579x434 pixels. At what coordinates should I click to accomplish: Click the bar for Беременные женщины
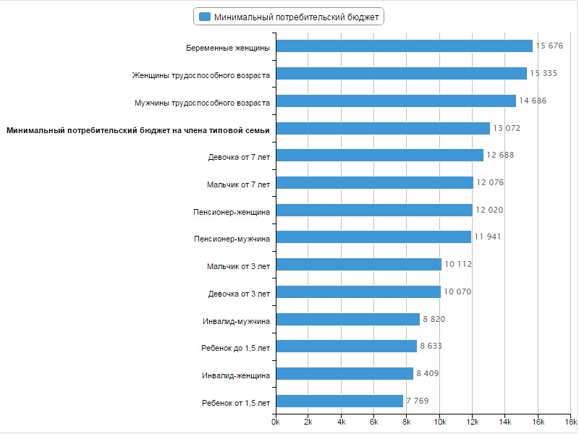click(405, 46)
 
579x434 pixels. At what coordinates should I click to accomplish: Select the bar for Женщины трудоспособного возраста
click(402, 74)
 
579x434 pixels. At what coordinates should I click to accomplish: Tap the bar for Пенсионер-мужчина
click(373, 237)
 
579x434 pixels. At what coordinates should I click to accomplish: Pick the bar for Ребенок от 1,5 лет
click(339, 401)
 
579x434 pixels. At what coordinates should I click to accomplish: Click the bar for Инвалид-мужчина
click(348, 319)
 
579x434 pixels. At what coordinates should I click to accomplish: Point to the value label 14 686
click(533, 101)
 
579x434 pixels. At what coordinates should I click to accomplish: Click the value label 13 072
click(507, 129)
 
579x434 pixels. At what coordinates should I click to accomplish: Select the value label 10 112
click(458, 265)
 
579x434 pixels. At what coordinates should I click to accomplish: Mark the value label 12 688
click(500, 156)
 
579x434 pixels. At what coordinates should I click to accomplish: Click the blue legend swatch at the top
click(205, 17)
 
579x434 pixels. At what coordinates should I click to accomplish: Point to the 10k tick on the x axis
click(439, 422)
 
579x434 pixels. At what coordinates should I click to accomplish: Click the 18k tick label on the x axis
click(570, 422)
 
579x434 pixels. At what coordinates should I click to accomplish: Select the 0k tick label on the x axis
click(275, 422)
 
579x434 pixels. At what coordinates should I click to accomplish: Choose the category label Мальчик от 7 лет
click(238, 184)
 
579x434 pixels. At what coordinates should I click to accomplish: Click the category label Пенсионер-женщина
click(232, 212)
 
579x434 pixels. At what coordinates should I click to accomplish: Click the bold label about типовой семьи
click(138, 130)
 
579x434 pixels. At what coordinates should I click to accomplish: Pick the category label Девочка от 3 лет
click(239, 294)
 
